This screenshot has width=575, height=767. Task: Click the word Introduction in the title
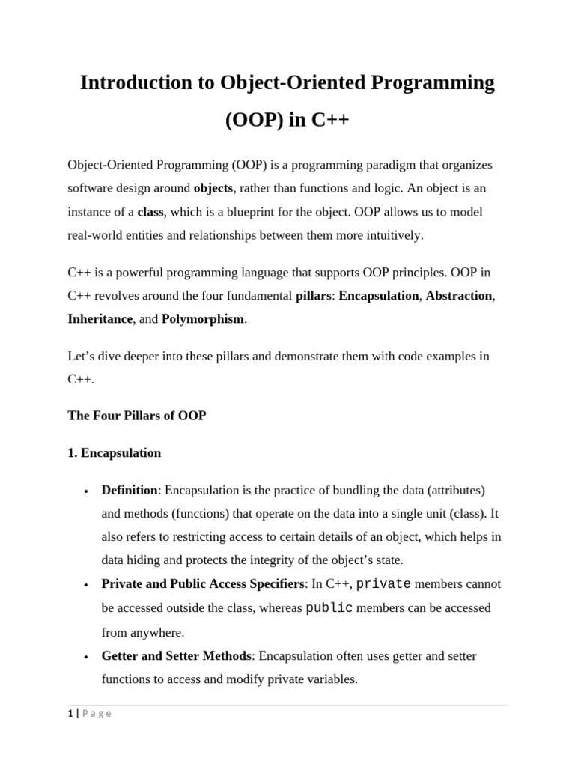tap(136, 82)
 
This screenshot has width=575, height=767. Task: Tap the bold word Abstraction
tap(460, 296)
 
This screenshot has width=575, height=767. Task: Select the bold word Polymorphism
tap(203, 319)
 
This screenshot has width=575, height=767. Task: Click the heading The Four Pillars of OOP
tap(136, 416)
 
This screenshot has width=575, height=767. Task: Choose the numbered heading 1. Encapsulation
tap(114, 453)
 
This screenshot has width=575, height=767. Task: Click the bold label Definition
tap(130, 491)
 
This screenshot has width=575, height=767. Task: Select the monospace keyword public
tap(329, 608)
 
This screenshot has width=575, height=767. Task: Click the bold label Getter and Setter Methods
tap(176, 656)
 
